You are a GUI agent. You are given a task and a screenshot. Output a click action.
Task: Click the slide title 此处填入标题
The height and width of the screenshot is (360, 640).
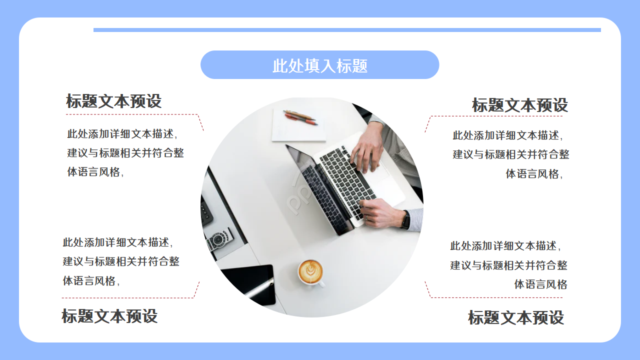[x=320, y=65]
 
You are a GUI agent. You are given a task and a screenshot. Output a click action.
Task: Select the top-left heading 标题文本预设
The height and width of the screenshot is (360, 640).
[x=114, y=101]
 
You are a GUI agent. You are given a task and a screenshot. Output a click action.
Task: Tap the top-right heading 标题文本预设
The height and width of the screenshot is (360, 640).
[x=520, y=105]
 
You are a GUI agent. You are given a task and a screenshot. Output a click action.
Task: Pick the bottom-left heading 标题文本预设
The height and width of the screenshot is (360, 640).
[x=109, y=316]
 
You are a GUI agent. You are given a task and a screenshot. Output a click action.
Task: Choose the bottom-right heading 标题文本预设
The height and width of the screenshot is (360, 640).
[x=516, y=317]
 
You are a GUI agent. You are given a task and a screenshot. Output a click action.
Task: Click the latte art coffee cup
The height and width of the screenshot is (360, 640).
[x=310, y=272]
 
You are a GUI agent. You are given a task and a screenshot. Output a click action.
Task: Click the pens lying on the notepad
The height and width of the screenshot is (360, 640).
[x=300, y=117]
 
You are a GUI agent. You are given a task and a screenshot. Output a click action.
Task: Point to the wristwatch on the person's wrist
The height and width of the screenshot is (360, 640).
[x=405, y=219]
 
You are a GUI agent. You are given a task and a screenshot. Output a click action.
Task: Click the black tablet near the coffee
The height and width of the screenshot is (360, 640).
[x=250, y=282]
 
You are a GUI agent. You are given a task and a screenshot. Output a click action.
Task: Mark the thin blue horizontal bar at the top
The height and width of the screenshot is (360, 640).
[x=347, y=30]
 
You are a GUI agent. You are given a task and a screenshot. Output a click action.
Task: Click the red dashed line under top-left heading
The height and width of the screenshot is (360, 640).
[x=132, y=114]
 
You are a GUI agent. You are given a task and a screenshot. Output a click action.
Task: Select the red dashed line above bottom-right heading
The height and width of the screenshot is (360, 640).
[x=495, y=297]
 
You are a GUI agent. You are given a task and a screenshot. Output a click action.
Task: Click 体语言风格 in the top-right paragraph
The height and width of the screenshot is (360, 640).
[x=532, y=174]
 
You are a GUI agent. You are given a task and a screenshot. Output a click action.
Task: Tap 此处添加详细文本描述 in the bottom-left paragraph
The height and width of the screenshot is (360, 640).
[x=117, y=242]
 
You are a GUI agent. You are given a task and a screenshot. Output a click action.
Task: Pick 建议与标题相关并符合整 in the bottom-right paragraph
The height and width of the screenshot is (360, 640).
[x=508, y=265]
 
